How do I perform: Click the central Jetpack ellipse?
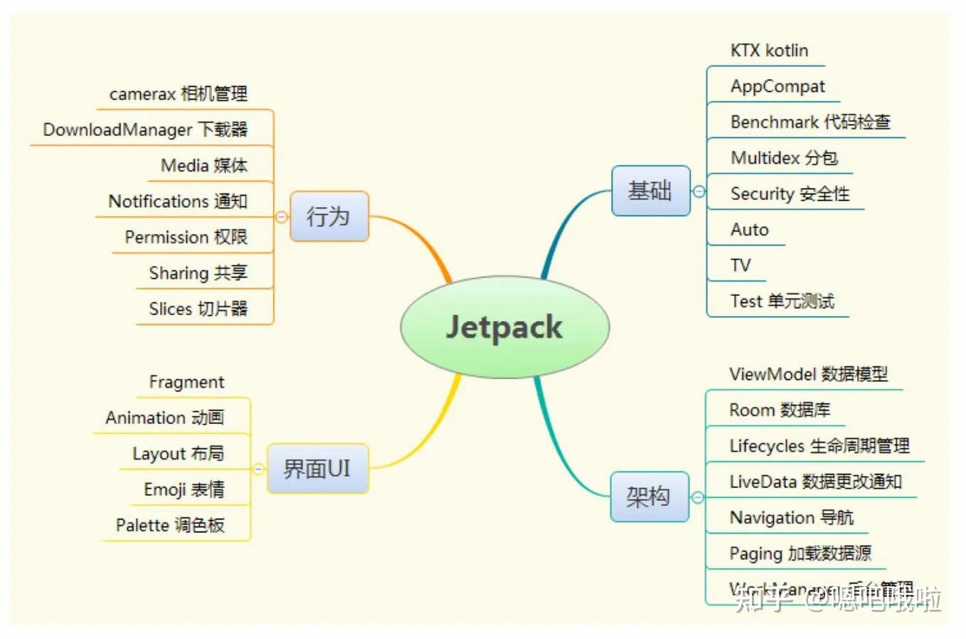504,327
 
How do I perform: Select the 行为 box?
329,216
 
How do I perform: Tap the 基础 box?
650,191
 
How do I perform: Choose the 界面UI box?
317,469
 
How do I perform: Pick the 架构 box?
649,496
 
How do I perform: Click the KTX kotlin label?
769,51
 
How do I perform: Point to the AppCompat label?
777,87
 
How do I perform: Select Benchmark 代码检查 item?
810,122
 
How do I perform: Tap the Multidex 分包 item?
784,158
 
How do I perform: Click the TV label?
741,265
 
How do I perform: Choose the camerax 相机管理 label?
179,94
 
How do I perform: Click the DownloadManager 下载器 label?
145,130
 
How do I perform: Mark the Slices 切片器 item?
198,309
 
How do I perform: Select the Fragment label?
186,382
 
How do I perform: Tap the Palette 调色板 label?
170,525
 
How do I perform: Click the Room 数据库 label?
780,410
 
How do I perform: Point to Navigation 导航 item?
791,517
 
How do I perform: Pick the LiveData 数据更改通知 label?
815,482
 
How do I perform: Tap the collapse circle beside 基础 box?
699,191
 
